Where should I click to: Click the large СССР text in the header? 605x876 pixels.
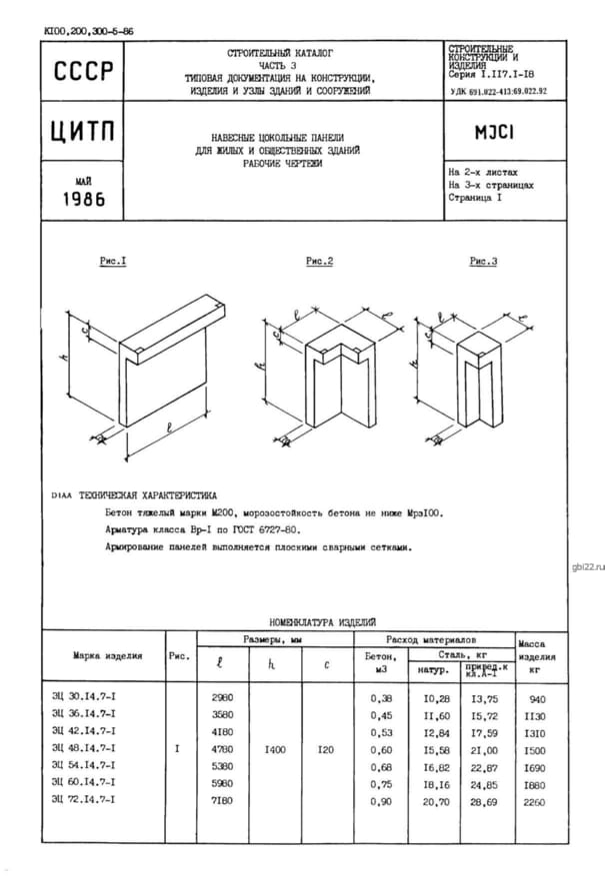(x=83, y=71)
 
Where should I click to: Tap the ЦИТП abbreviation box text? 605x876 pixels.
(x=83, y=132)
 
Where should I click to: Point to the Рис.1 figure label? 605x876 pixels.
(x=112, y=261)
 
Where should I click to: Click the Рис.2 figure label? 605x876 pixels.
(x=319, y=261)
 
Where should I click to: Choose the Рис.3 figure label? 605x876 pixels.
(x=483, y=261)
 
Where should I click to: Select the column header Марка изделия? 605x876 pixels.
(x=107, y=656)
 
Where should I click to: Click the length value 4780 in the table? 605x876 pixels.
(x=222, y=747)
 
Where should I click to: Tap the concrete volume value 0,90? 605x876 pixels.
(x=382, y=799)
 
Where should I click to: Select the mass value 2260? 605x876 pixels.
(x=535, y=799)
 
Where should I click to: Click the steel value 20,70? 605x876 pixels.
(x=432, y=799)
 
